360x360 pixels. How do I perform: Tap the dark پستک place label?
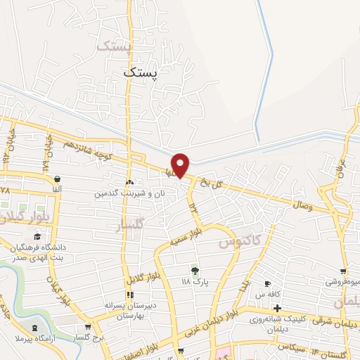141,72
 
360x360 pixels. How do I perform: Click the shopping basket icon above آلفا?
56,179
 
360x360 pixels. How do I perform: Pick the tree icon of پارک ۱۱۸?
195,270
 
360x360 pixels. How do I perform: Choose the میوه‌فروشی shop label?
342,282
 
